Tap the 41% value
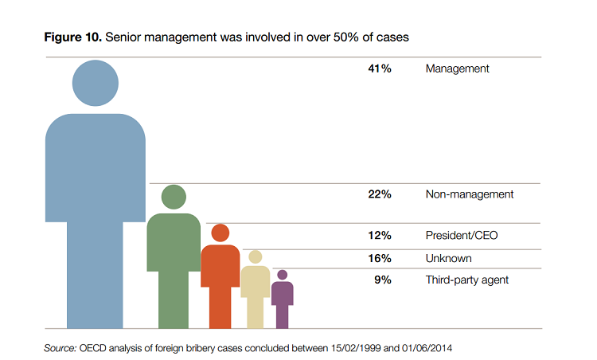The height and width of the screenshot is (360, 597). point(379,68)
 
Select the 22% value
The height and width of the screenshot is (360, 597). point(379,194)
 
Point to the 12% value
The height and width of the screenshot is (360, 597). point(379,236)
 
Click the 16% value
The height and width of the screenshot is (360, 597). point(379,258)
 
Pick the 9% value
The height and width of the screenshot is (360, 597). point(382,280)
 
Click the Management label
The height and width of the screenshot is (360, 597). point(457,68)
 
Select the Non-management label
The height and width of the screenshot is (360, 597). point(469,194)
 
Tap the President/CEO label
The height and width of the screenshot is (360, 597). point(462,236)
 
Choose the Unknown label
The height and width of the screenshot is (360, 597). point(448,258)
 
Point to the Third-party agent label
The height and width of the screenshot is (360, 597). point(466,280)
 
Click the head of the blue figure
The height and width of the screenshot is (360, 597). point(96,82)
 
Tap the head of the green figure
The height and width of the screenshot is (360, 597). point(174,196)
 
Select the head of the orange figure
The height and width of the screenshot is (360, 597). point(220,233)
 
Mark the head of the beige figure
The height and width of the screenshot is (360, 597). point(255,256)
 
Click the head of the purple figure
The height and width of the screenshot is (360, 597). point(282,275)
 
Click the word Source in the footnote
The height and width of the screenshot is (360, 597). point(60,348)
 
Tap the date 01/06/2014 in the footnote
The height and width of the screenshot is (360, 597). point(431,348)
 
